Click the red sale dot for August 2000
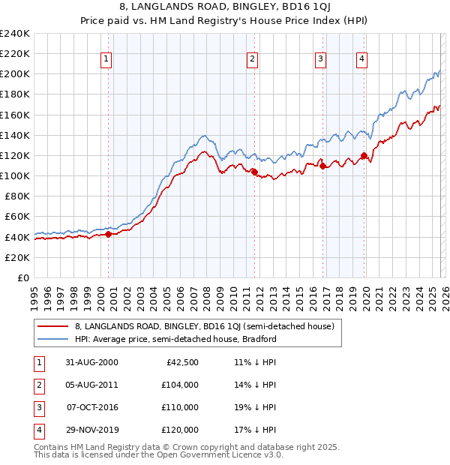tap(108, 234)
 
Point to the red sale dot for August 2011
tap(254, 172)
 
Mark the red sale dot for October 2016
tap(322, 166)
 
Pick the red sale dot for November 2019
tap(364, 156)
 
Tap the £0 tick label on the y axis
tap(24, 277)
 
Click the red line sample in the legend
tap(53, 326)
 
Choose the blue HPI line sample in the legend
tap(53, 339)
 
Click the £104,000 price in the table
tap(180, 384)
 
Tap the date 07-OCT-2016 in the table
tap(92, 407)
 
